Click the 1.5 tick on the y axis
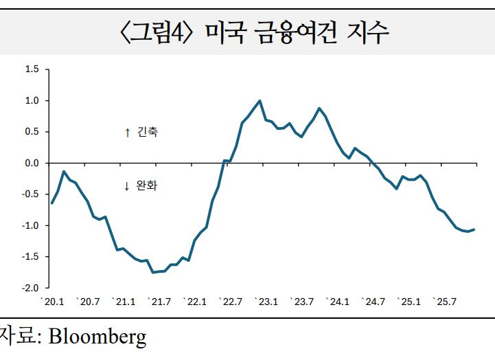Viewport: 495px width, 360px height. [32, 69]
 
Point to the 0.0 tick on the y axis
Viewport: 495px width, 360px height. [32, 164]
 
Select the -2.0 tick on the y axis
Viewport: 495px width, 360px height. [30, 288]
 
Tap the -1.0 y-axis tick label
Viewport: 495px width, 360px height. [30, 226]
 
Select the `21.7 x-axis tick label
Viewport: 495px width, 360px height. [160, 302]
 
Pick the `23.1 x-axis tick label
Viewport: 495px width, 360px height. [266, 302]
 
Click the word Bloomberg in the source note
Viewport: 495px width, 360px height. [97, 338]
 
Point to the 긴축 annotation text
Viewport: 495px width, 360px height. [148, 132]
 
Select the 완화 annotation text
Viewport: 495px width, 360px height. [148, 185]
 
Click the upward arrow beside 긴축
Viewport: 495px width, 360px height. [127, 133]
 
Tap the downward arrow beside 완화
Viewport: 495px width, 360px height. [127, 186]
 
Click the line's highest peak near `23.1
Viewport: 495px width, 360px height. [260, 100]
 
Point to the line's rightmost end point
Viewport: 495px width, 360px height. [474, 229]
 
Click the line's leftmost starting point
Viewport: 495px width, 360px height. [51, 203]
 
